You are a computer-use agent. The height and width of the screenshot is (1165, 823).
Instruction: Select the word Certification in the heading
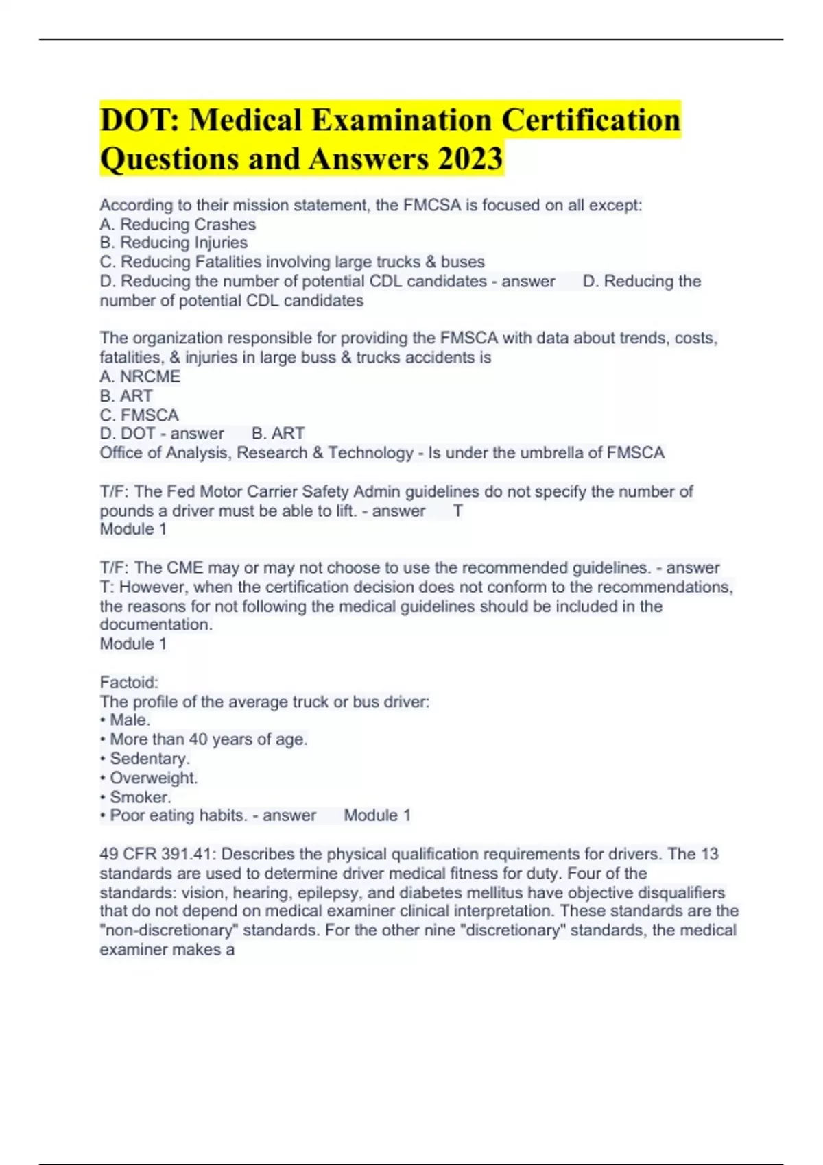(591, 121)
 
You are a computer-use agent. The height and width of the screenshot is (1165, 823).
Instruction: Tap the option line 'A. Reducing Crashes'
(178, 224)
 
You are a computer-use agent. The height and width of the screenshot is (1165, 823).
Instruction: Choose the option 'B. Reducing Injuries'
(174, 243)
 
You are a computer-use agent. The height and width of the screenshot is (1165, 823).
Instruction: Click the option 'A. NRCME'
(140, 376)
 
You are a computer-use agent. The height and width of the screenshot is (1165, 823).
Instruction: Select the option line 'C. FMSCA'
(139, 415)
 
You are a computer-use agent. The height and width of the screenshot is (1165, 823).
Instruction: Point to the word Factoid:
(129, 682)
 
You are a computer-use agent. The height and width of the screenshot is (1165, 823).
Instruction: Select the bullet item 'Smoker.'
(140, 797)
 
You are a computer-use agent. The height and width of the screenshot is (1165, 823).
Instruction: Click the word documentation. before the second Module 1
(156, 624)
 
